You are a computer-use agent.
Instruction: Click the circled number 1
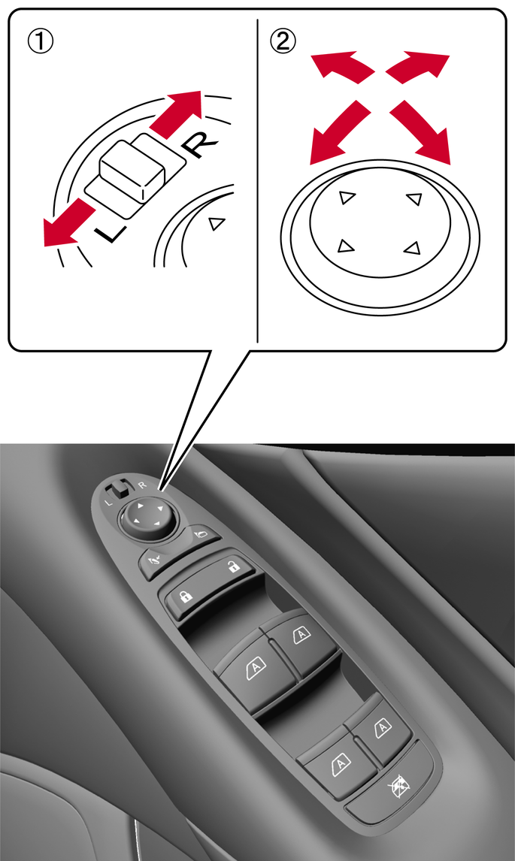click(x=40, y=42)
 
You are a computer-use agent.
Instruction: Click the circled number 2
click(x=283, y=42)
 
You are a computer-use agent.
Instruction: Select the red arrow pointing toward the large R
click(x=175, y=113)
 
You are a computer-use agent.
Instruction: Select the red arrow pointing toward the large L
click(x=70, y=223)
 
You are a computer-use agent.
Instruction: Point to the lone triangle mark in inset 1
click(x=217, y=223)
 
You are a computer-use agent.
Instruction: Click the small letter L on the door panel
click(x=108, y=503)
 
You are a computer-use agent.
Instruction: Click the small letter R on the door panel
click(x=142, y=485)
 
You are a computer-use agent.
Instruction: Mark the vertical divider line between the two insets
click(x=257, y=181)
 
